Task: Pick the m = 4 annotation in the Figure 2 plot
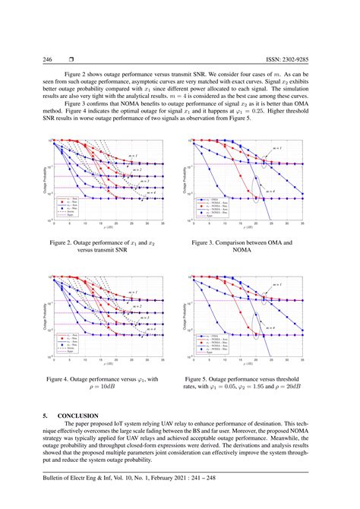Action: click(149, 193)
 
